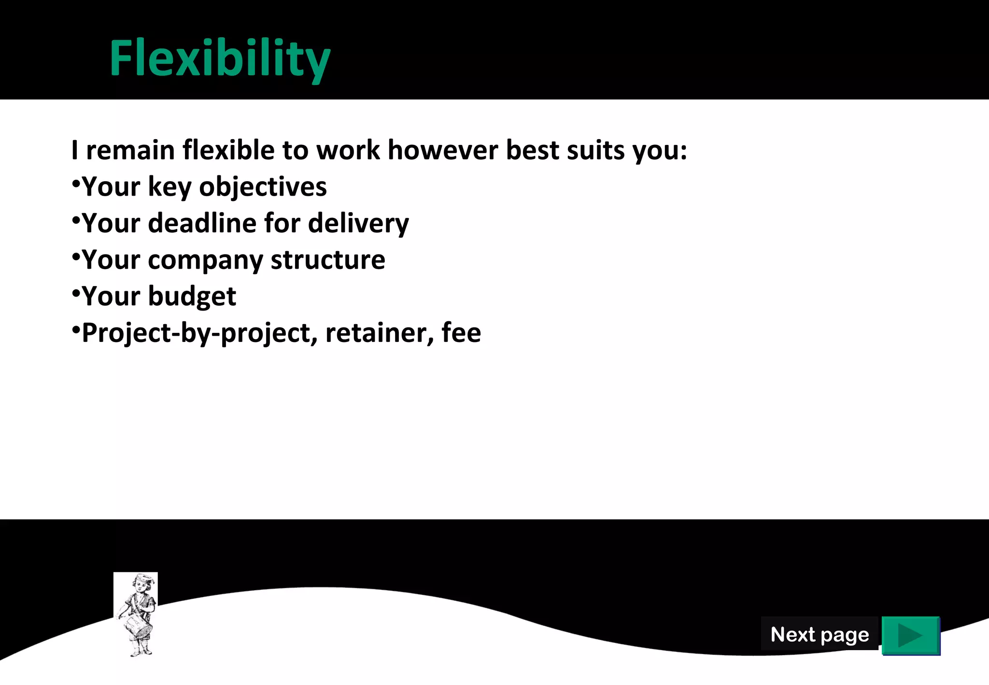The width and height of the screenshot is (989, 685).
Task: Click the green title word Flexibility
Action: [x=220, y=59]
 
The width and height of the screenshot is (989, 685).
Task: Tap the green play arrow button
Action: [x=910, y=635]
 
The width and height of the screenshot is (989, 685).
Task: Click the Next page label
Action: [x=819, y=634]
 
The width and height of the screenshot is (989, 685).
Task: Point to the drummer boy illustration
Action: [x=136, y=614]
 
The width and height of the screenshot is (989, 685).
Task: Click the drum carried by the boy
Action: [x=139, y=626]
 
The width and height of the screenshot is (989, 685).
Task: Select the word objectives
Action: [x=263, y=187]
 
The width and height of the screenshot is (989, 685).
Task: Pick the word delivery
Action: [x=358, y=223]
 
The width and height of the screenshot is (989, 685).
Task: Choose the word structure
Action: [x=328, y=260]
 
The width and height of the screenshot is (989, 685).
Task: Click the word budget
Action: [x=192, y=296]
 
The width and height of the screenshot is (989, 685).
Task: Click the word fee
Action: [x=461, y=332]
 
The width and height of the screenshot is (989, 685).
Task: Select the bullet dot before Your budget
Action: [x=76, y=293]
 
